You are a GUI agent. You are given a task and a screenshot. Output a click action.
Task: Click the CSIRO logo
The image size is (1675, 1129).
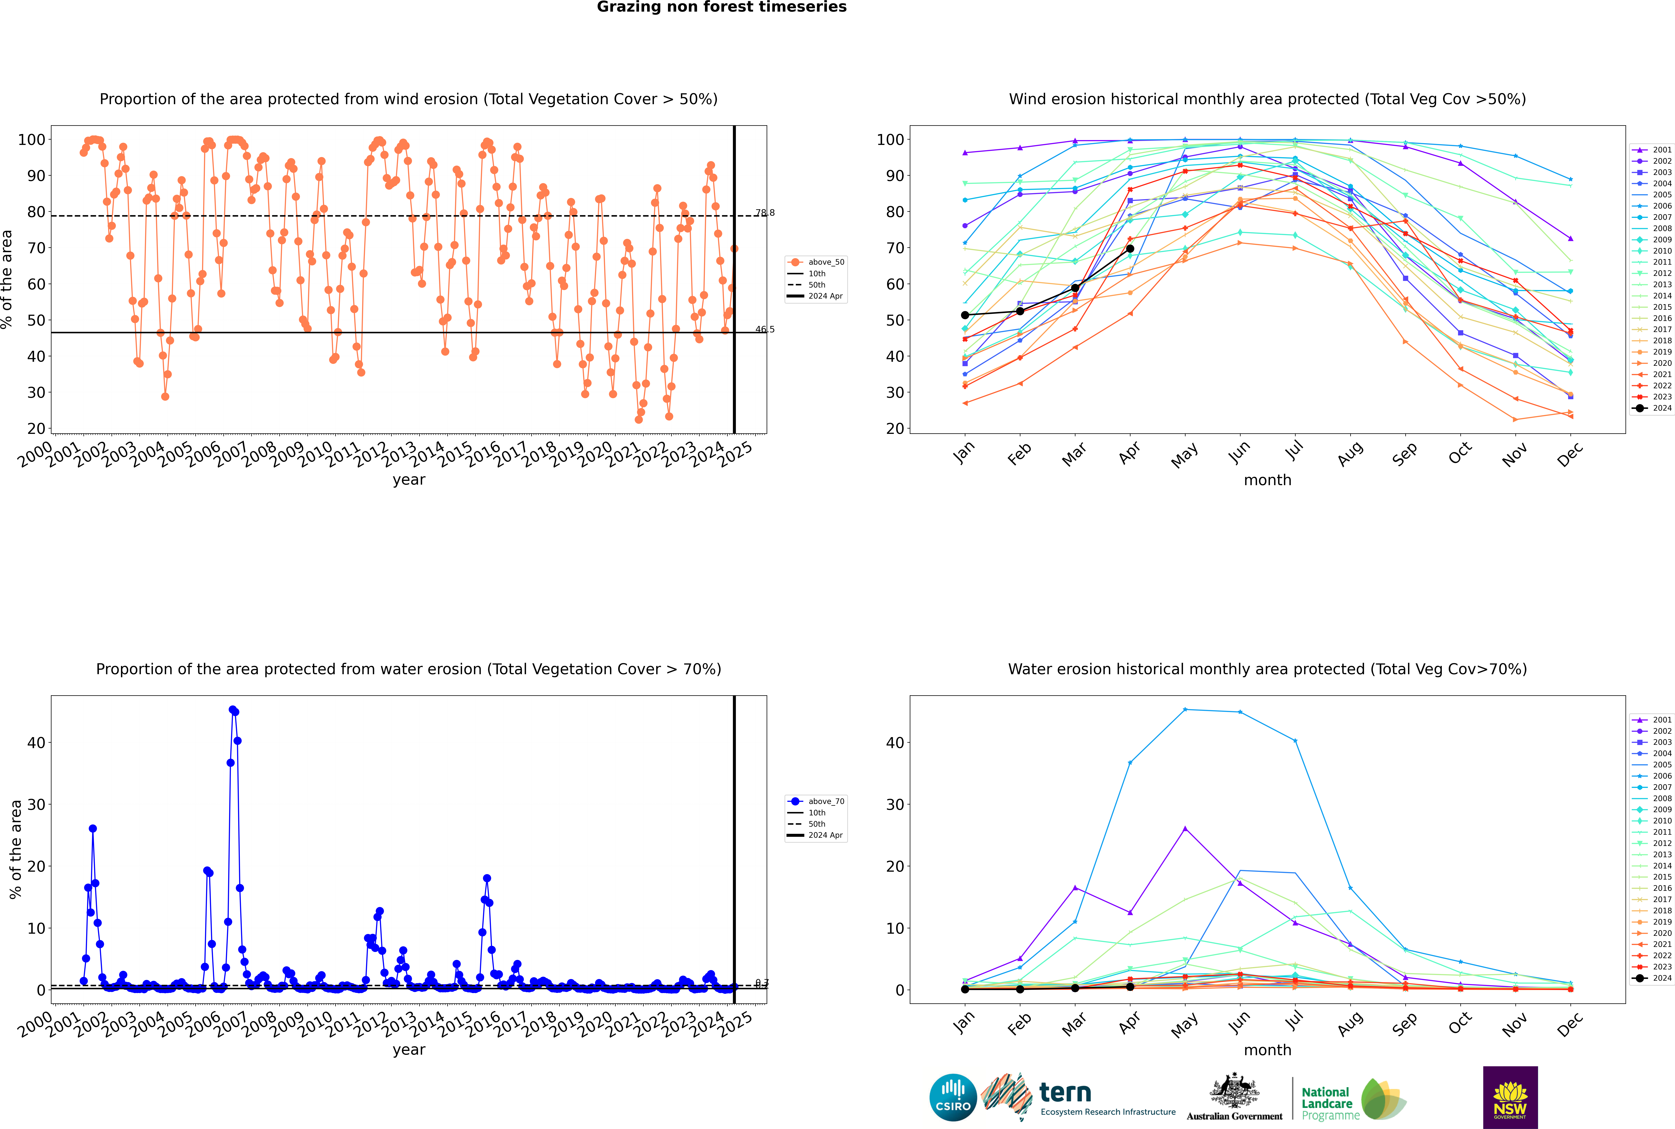pyautogui.click(x=953, y=1097)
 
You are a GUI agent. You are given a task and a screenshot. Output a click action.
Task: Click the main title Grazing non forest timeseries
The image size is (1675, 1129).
pyautogui.click(x=722, y=7)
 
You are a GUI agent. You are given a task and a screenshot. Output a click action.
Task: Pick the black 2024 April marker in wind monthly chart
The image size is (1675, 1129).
pyautogui.click(x=1130, y=248)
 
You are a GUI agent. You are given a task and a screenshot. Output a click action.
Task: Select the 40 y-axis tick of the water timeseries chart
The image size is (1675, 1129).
pyautogui.click(x=36, y=742)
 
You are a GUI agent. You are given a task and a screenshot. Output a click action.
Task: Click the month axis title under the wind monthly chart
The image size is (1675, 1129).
pyautogui.click(x=1267, y=480)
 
